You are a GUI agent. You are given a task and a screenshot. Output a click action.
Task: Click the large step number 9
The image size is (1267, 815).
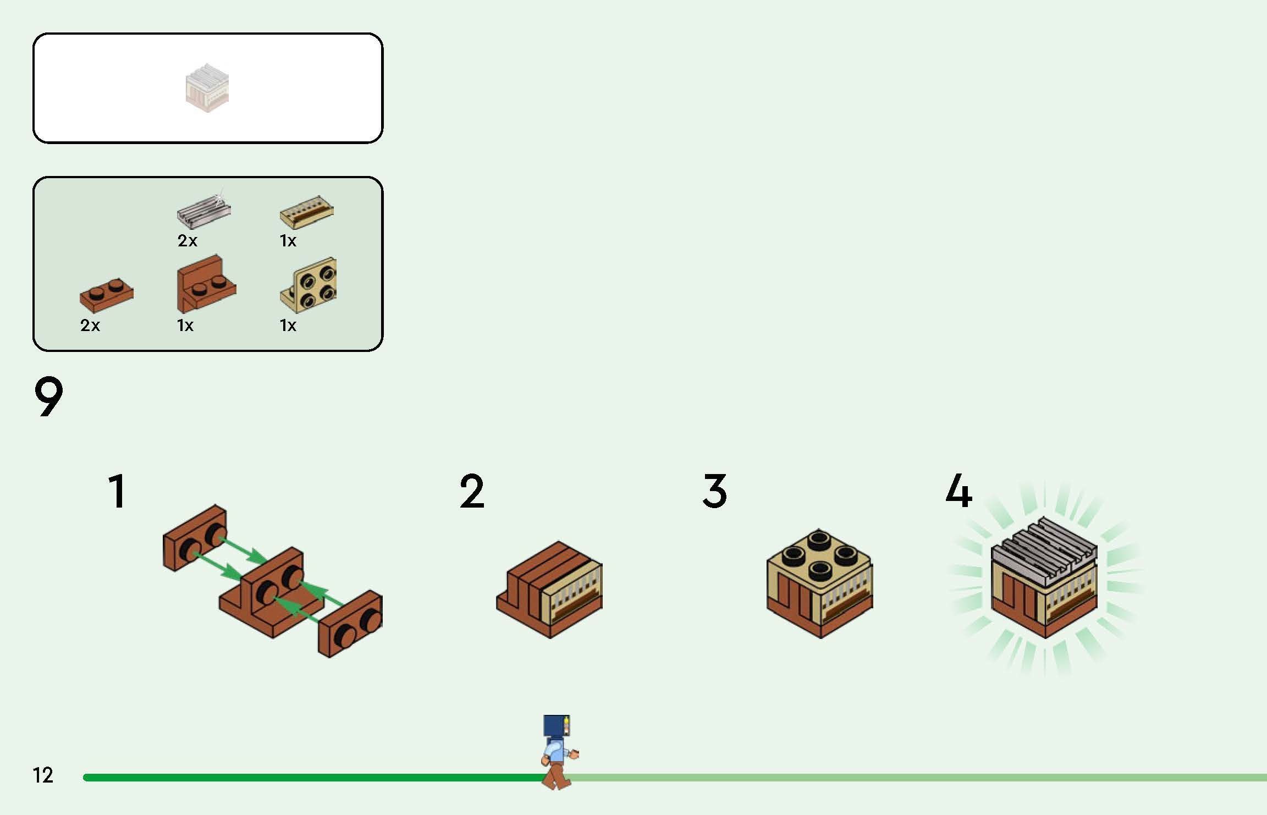[48, 397]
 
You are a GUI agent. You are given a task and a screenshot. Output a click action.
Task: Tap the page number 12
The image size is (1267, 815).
[43, 775]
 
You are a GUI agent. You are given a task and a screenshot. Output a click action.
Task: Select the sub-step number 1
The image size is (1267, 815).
[118, 491]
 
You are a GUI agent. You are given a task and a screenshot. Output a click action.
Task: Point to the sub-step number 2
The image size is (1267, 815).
[472, 491]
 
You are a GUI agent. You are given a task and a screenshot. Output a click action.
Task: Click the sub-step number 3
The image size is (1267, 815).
[715, 491]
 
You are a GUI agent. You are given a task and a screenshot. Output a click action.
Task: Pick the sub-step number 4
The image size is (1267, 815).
[958, 491]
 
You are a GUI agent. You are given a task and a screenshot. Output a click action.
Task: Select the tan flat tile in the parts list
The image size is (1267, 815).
[306, 212]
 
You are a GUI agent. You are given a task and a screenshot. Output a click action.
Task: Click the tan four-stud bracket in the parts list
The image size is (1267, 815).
[308, 285]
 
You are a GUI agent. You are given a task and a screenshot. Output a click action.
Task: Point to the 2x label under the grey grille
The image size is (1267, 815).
[187, 241]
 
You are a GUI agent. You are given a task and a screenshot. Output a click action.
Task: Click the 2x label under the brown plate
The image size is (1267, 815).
[90, 326]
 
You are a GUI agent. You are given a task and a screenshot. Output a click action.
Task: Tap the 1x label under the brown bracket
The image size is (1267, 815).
[185, 326]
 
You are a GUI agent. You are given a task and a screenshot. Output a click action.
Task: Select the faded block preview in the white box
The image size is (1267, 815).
[207, 88]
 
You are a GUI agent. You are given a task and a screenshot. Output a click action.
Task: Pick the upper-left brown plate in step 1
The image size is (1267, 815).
[195, 537]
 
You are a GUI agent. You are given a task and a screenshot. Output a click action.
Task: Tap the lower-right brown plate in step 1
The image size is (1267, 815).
[350, 624]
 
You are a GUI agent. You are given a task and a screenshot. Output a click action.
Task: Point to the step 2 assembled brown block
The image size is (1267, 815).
[549, 589]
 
